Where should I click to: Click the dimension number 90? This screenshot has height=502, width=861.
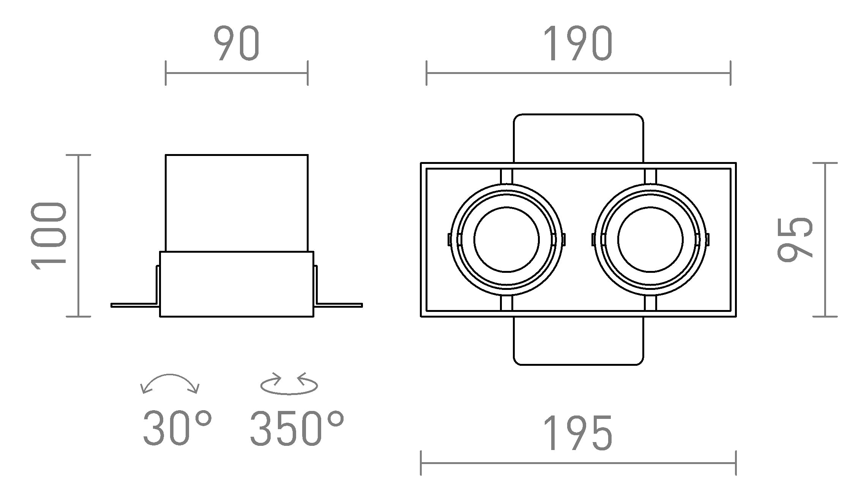pos(237,44)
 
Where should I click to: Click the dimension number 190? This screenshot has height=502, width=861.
pos(578,44)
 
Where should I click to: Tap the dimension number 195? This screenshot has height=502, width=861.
pos(578,433)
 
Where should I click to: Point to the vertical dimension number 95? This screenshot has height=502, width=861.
pos(795,240)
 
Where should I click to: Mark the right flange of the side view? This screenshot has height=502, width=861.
pos(339,305)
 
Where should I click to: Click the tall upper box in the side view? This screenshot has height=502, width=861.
pos(237,203)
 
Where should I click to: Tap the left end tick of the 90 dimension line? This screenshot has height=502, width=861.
pos(166,73)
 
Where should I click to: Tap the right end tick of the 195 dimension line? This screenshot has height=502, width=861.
pos(736,463)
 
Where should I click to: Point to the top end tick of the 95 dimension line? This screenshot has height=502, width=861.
pos(825,163)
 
